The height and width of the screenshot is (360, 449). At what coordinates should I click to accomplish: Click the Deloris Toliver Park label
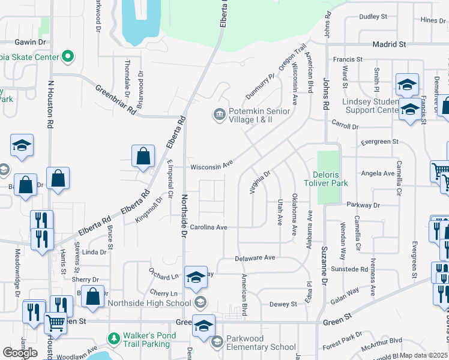(326, 178)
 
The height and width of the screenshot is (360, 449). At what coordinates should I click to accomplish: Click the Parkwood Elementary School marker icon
(217, 342)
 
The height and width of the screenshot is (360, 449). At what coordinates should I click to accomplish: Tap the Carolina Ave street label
(208, 227)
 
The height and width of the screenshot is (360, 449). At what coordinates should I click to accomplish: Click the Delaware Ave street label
(255, 257)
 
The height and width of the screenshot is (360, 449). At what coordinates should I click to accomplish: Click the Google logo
(20, 353)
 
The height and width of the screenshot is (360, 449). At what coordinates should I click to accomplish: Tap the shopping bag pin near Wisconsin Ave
(143, 157)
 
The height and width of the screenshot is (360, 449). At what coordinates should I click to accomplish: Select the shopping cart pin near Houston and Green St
(56, 323)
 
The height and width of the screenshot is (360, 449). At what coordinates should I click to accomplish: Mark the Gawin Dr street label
(30, 43)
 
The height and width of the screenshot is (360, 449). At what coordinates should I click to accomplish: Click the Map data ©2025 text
(424, 355)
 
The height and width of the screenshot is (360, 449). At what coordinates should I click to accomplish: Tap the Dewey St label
(283, 304)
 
